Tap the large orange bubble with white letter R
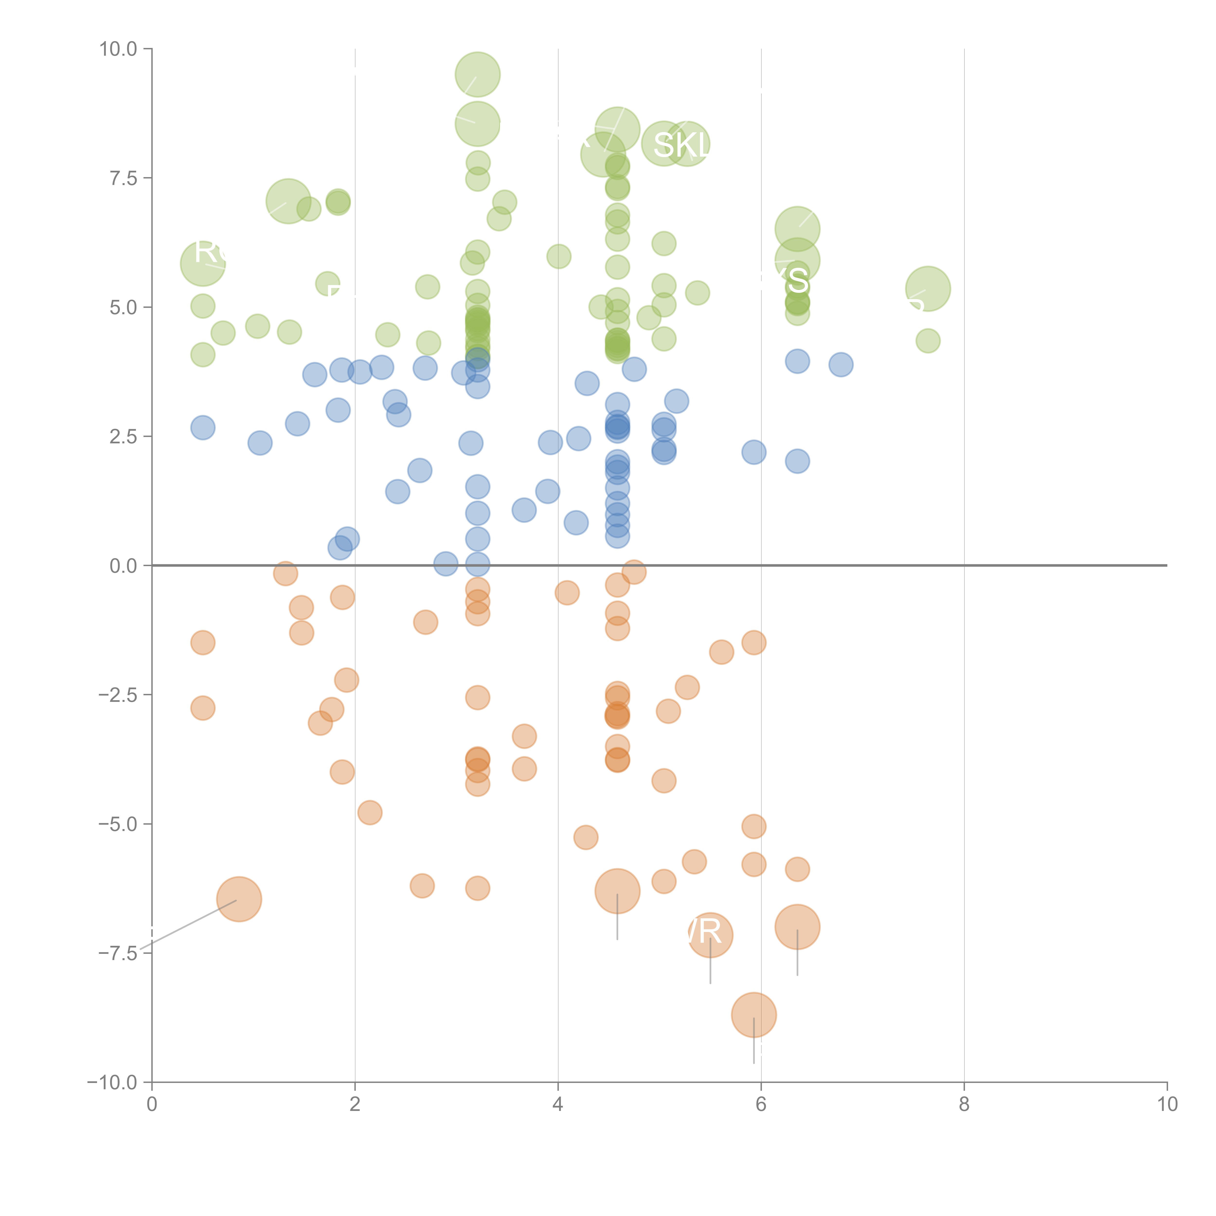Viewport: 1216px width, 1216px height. (710, 935)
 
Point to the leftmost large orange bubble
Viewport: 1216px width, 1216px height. (239, 899)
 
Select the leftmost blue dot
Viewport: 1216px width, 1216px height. (203, 428)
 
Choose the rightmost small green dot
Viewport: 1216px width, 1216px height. (928, 341)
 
